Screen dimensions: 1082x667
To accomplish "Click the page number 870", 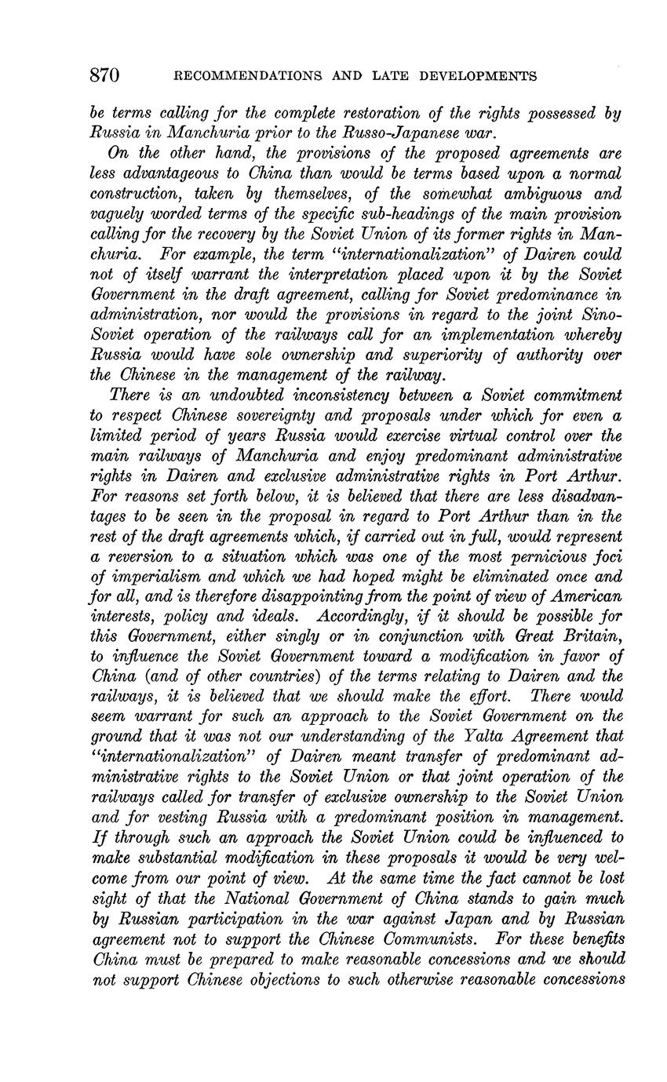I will pyautogui.click(x=104, y=75).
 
